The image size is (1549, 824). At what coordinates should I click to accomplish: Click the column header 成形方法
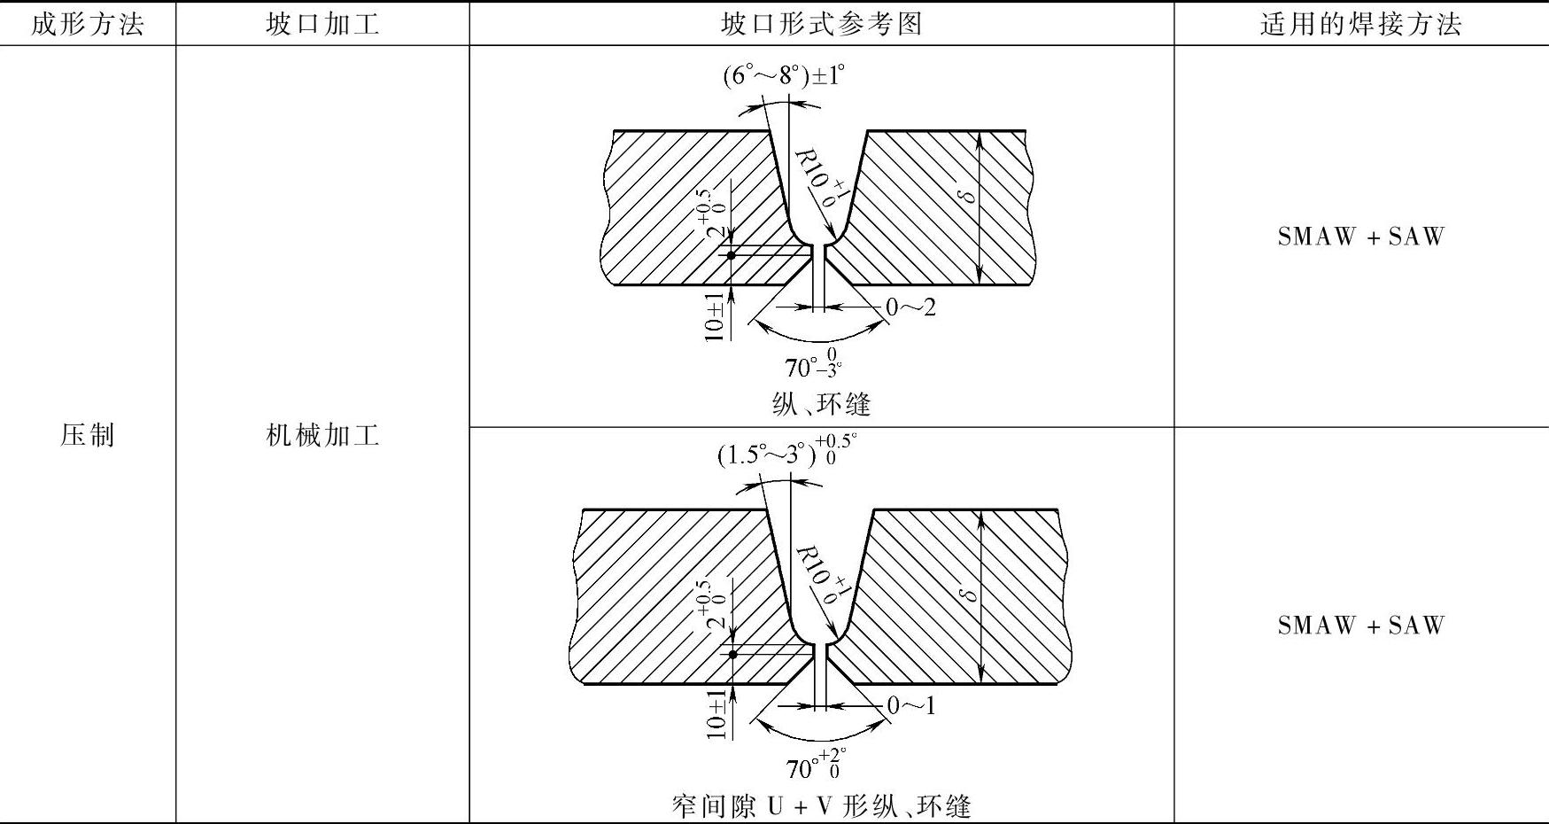point(87,24)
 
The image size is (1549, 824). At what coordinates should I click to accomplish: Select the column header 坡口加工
point(322,24)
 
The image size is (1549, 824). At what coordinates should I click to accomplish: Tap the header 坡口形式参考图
point(821,24)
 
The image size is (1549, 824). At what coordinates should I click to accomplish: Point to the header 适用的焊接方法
point(1360,24)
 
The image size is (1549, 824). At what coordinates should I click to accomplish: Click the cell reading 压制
point(87,435)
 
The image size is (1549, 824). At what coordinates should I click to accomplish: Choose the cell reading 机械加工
point(322,435)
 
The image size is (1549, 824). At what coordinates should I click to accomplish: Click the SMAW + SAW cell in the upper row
point(1360,237)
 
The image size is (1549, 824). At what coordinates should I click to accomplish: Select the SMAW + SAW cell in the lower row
point(1360,626)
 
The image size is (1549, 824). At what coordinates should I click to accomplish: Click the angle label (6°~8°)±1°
point(784,76)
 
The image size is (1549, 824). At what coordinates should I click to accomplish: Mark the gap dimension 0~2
point(910,307)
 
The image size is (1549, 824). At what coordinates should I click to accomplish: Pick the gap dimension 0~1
point(910,705)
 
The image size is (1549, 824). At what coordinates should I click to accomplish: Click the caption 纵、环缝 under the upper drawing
point(821,405)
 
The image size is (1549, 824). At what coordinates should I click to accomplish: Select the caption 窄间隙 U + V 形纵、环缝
point(821,806)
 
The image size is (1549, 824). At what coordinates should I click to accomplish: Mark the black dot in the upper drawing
point(732,256)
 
